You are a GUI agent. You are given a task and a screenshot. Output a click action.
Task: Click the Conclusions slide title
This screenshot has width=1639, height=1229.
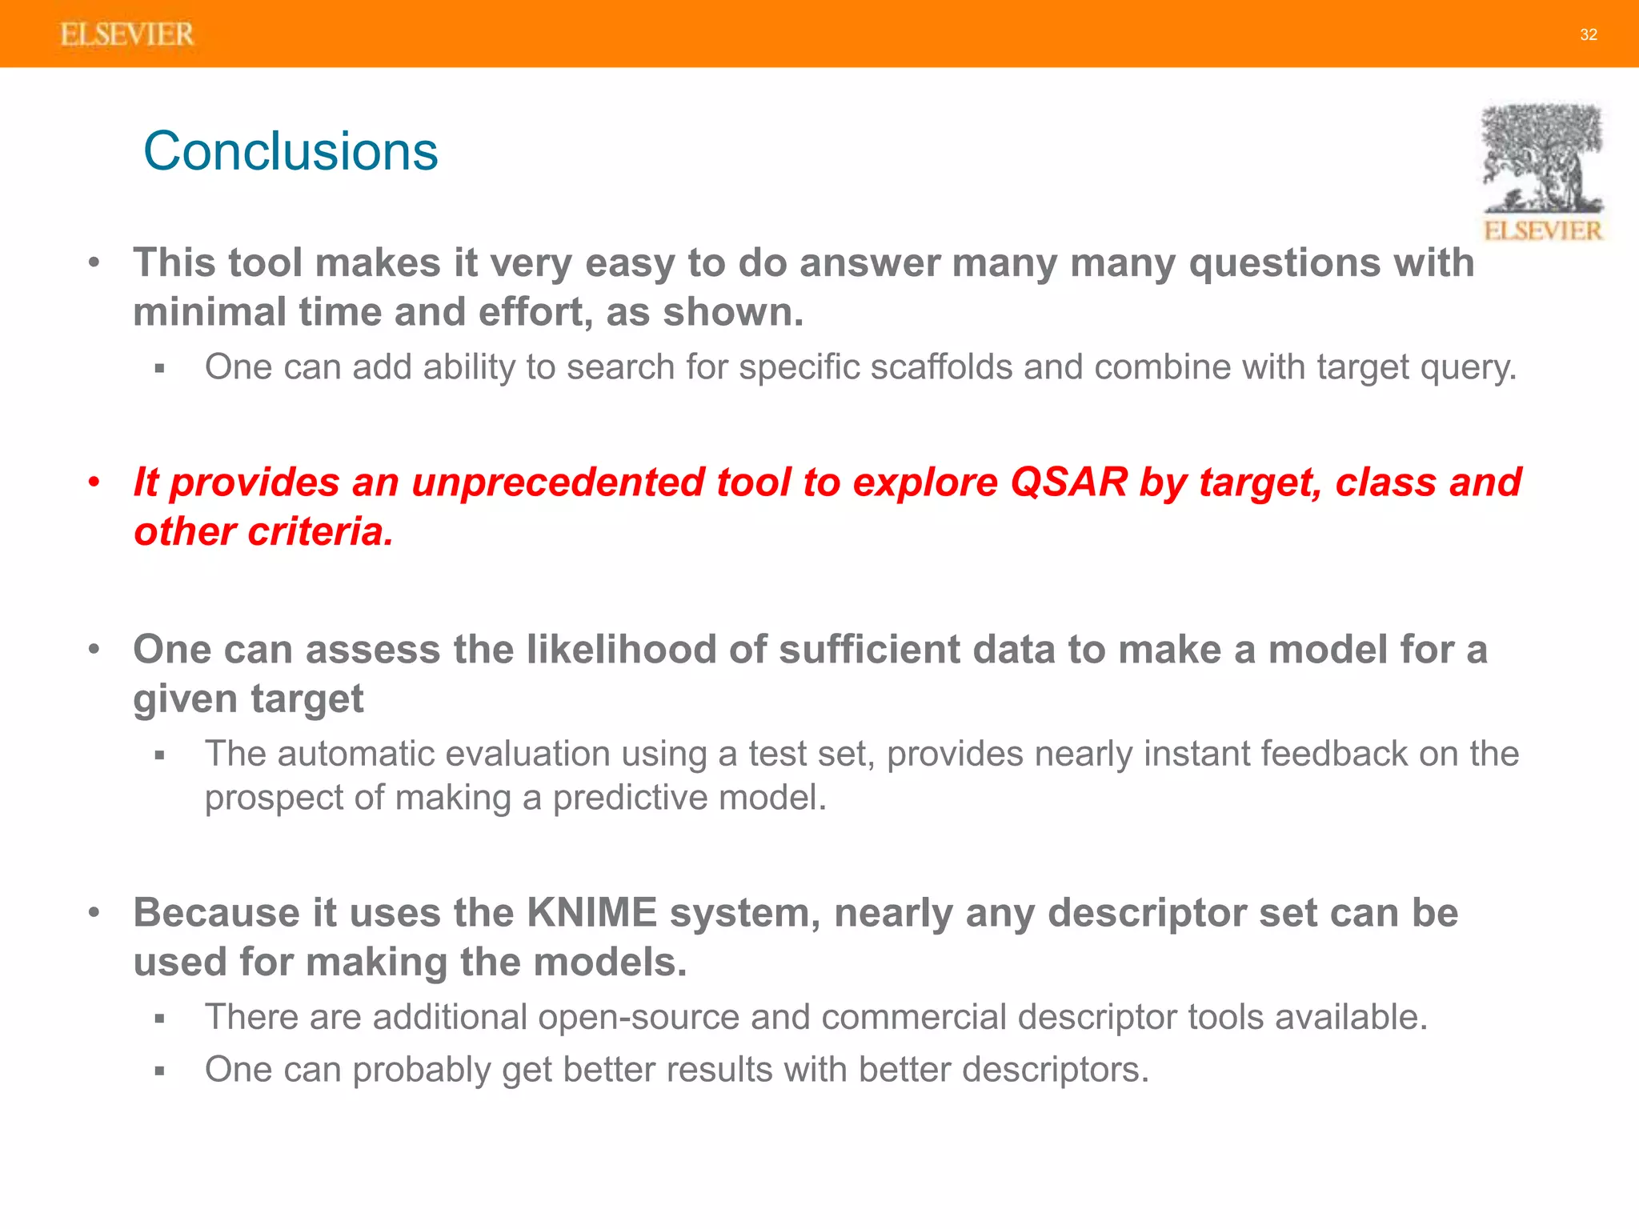click(291, 151)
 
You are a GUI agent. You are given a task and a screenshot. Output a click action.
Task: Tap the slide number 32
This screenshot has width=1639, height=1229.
click(1589, 34)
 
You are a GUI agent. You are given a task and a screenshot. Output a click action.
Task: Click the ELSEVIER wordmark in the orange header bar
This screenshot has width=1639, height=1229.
click(127, 34)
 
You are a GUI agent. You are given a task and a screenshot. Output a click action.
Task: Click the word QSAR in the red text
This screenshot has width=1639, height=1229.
click(1068, 482)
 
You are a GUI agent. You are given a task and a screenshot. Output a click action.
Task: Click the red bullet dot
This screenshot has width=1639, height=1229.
click(94, 482)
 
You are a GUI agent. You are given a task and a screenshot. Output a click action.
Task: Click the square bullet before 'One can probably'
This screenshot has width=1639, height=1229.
click(159, 1071)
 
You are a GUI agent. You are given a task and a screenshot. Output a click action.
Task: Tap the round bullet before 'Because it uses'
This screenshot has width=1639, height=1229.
click(94, 913)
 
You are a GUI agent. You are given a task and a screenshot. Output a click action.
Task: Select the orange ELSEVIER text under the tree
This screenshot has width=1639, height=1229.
click(1542, 231)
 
